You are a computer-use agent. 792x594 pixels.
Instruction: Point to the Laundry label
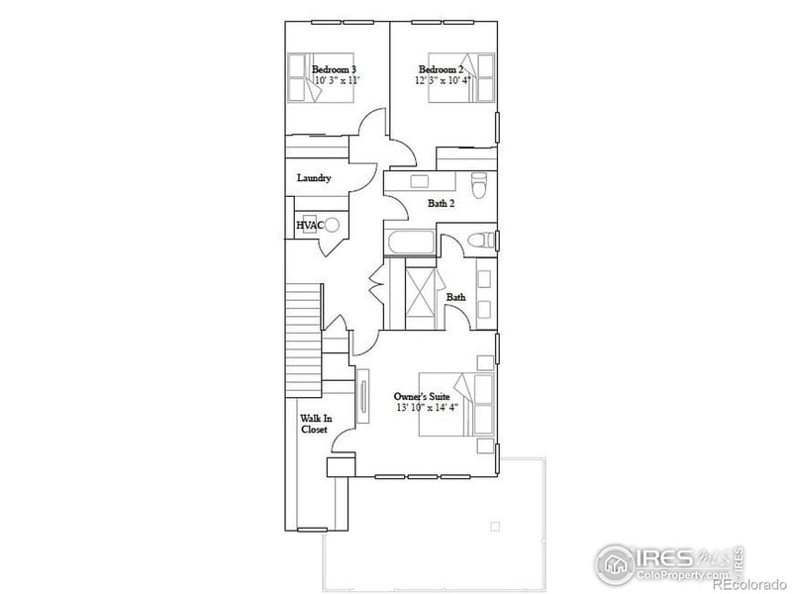pos(314,178)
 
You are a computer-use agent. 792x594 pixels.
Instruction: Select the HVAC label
pos(310,226)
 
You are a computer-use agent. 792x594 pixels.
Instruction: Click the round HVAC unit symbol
pos(334,225)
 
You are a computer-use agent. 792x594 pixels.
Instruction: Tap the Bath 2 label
pos(442,204)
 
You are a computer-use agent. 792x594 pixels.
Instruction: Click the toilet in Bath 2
pos(481,184)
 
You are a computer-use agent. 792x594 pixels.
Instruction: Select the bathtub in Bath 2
pos(410,244)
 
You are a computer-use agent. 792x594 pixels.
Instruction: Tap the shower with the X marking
pos(422,294)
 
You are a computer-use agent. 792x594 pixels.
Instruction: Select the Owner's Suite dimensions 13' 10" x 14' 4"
pos(426,408)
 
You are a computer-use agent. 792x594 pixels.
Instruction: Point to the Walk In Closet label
pos(315,424)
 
